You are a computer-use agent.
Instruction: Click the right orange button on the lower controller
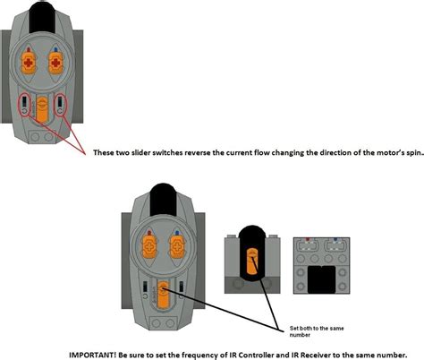point(175,244)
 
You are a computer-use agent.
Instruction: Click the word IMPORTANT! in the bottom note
point(92,352)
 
